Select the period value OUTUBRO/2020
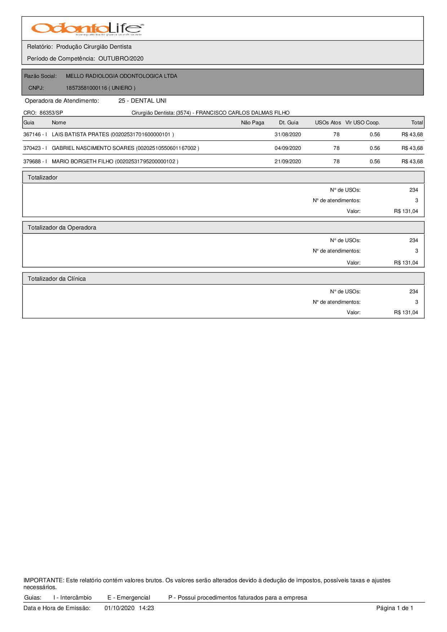[121, 59]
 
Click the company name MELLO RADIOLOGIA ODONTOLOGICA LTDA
[121, 76]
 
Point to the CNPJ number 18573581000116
[86, 88]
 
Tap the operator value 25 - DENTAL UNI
[142, 101]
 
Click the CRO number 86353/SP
[51, 113]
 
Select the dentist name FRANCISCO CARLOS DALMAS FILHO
[243, 113]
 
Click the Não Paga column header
[252, 123]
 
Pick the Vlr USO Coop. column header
[362, 123]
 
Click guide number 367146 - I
[35, 134]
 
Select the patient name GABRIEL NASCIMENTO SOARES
[93, 148]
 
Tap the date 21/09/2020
[288, 161]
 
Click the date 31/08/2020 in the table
[288, 134]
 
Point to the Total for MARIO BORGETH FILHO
[412, 161]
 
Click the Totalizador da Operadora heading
[62, 228]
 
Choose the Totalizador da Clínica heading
[57, 279]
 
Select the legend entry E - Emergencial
[129, 598]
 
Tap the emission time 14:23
[146, 608]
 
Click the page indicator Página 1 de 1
[395, 608]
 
